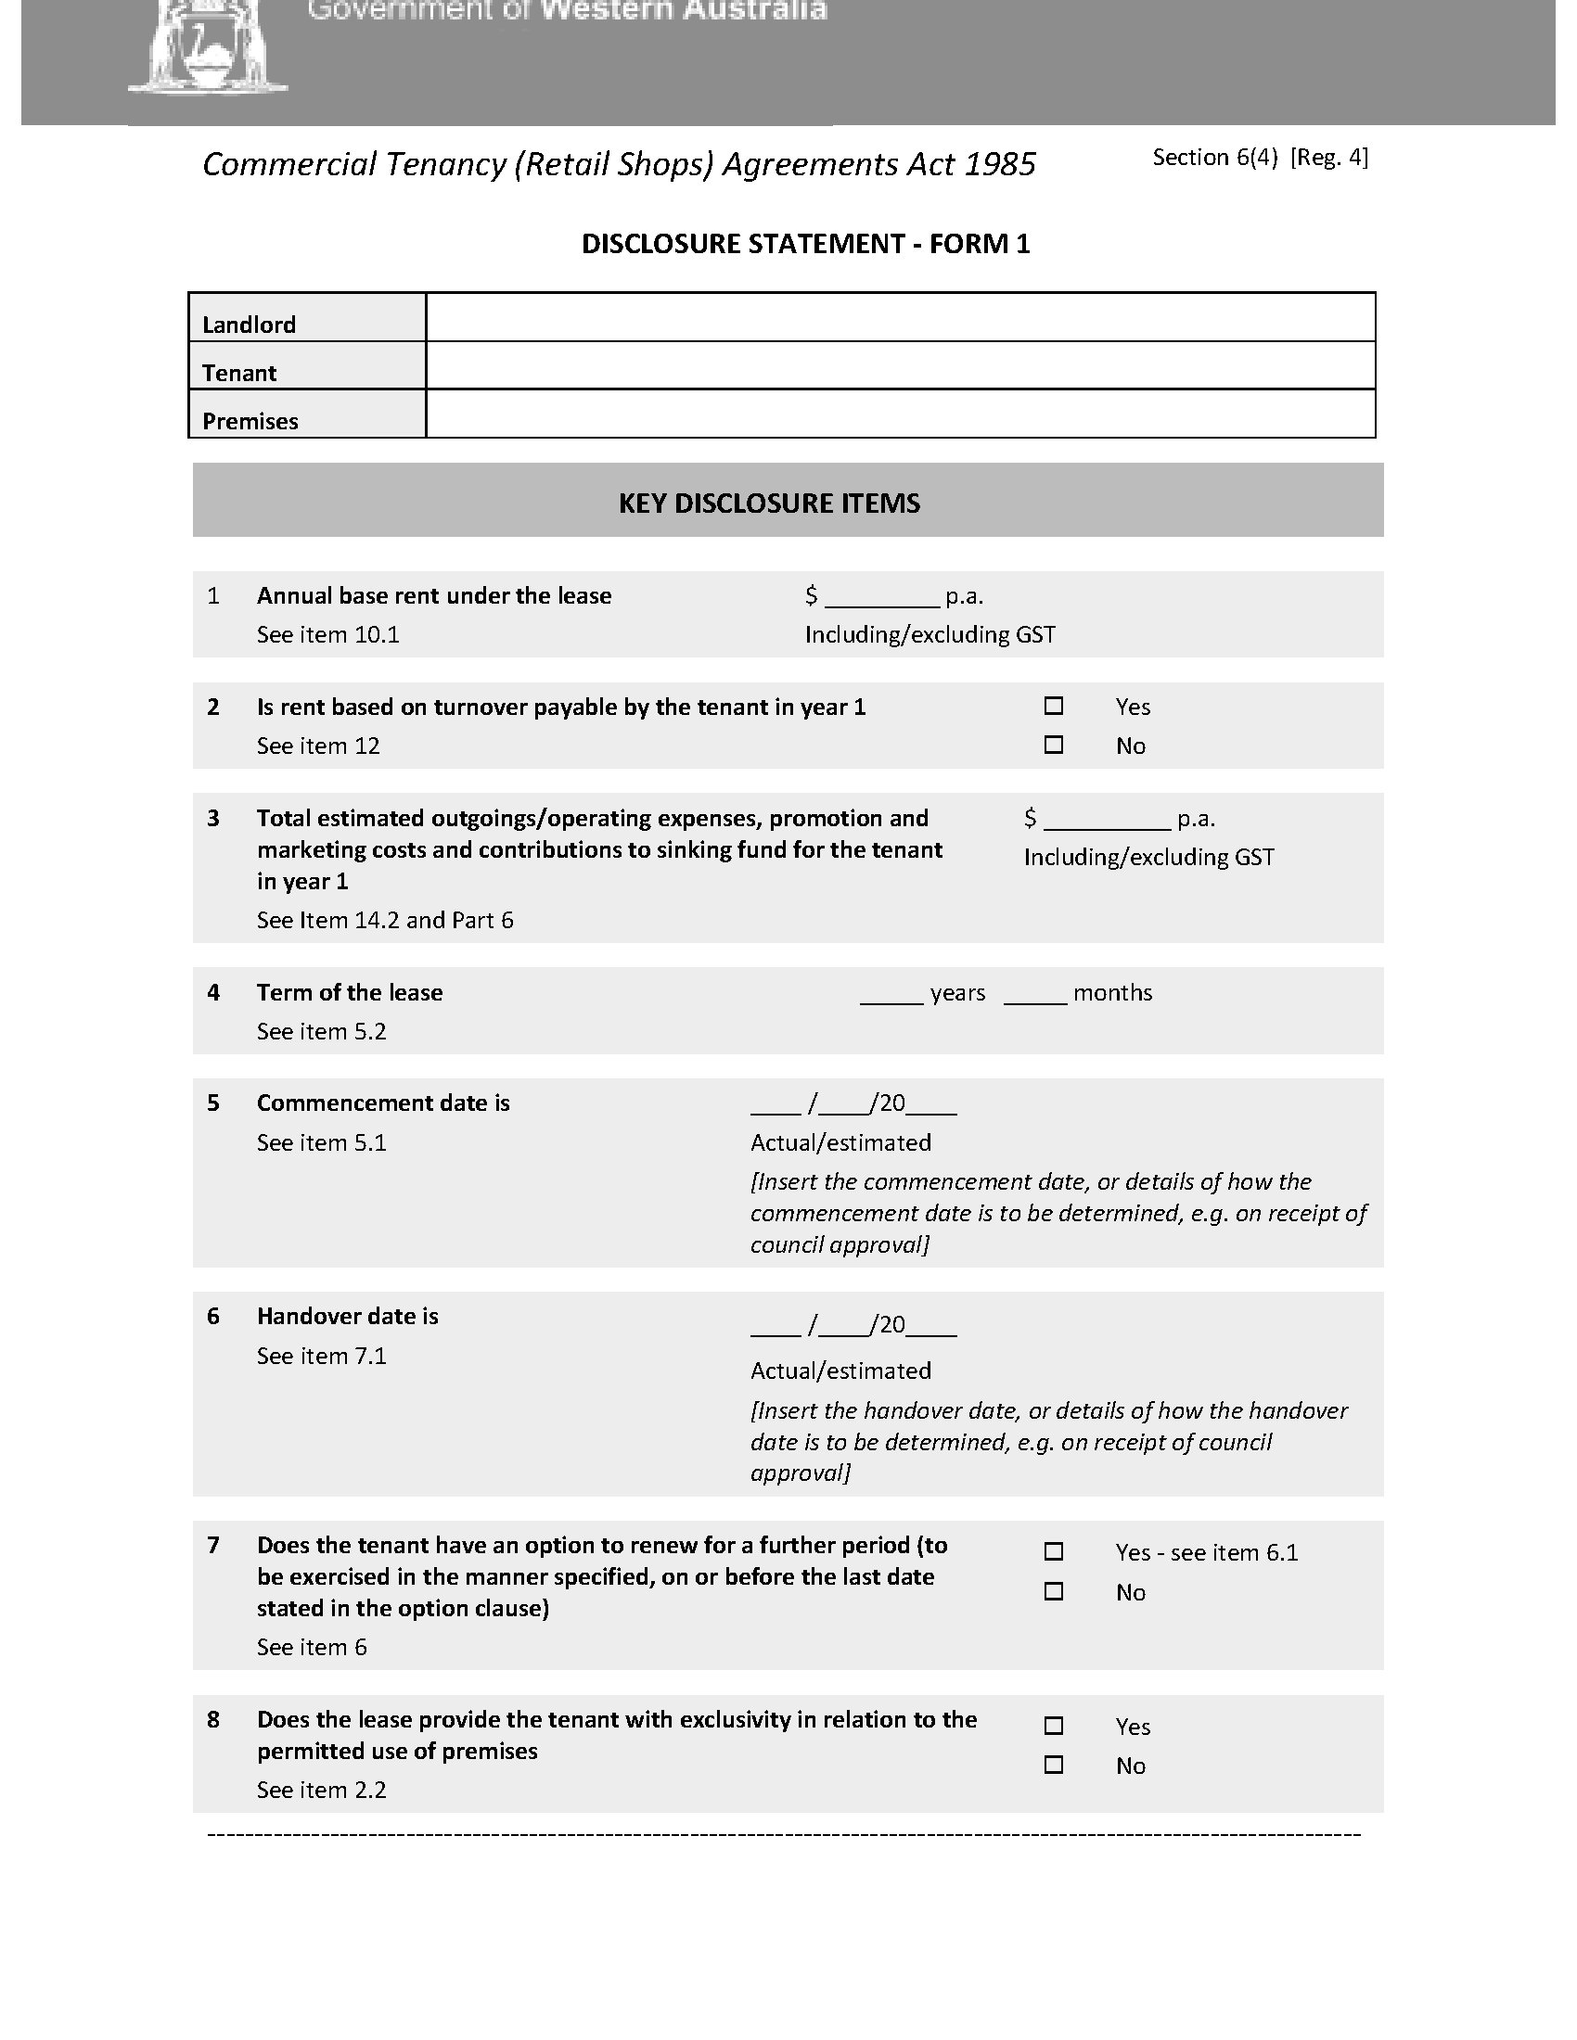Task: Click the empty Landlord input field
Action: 900,317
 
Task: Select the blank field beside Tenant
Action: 900,365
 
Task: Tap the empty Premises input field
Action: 900,414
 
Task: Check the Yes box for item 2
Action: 1053,707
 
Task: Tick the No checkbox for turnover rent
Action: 1053,746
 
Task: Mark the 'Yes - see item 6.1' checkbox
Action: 1053,1551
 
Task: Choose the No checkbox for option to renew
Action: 1053,1591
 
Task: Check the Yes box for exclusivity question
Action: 1053,1726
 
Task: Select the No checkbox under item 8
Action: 1053,1765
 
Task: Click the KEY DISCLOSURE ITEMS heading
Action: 769,504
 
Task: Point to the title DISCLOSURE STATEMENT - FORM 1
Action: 805,244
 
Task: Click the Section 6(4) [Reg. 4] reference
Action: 1260,158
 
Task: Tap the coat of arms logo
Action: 208,46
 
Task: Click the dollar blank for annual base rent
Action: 881,598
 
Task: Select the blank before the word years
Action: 891,994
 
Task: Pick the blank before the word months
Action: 1035,994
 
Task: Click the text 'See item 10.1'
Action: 327,635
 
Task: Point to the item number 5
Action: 213,1103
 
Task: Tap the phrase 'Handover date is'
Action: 348,1316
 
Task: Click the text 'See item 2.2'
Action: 321,1790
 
